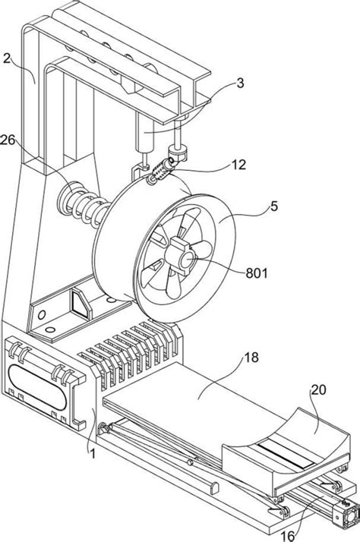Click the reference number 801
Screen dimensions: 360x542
coord(257,273)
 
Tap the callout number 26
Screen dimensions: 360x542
coord(8,140)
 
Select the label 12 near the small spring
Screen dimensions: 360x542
coord(238,165)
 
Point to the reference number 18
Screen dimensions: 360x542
coord(251,357)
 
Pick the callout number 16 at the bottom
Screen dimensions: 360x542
coord(288,536)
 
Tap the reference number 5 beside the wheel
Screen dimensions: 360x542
coord(274,206)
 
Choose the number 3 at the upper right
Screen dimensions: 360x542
coord(240,83)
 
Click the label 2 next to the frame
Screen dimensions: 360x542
coord(7,58)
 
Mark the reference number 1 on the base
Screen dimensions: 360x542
coord(92,453)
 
